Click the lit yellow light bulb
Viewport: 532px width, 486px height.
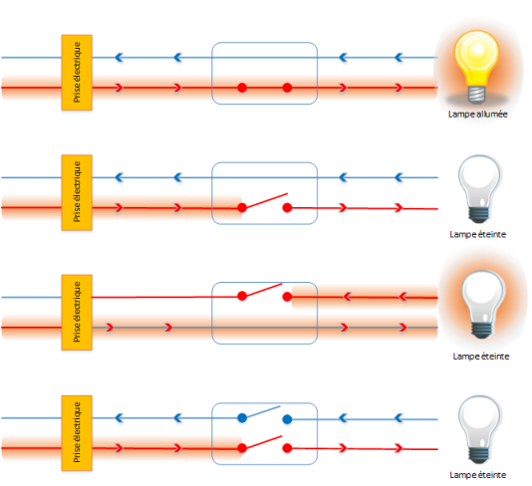pos(477,66)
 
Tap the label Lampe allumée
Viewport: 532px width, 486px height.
pos(478,115)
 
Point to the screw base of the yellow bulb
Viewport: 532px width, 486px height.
pos(477,95)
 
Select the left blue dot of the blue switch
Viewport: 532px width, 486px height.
pos(242,418)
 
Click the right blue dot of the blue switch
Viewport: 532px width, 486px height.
pos(287,419)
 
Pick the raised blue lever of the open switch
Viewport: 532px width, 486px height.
pos(261,411)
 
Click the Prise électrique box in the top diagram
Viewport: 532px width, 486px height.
pos(77,73)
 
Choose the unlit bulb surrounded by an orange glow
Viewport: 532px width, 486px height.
pos(482,304)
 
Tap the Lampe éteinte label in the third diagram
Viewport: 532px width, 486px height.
pos(481,357)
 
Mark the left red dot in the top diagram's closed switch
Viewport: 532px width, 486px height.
pos(242,88)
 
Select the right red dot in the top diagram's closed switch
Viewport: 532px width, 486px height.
pos(287,88)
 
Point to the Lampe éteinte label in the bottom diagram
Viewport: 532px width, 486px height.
pos(478,475)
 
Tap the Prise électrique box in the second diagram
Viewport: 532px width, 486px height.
pos(77,192)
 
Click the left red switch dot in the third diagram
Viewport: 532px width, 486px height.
pos(242,296)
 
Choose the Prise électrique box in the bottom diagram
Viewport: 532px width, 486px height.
pos(77,433)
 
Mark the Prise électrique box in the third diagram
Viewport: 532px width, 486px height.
pos(77,313)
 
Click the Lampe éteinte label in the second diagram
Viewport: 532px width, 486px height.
pos(478,234)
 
